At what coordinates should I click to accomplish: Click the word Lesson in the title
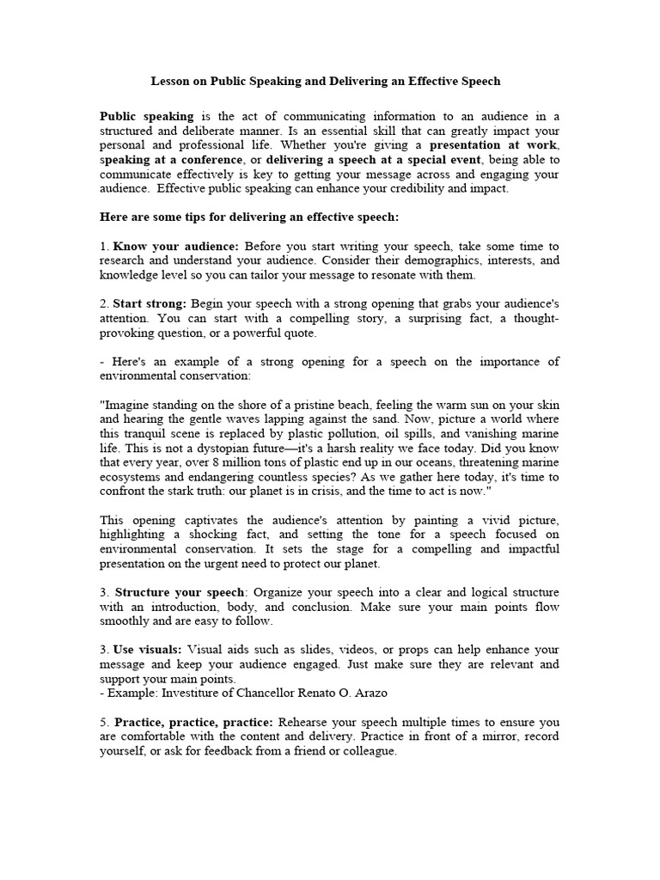pos(169,81)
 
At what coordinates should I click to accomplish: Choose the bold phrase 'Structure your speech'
pos(180,593)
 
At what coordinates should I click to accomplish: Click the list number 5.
pos(103,722)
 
